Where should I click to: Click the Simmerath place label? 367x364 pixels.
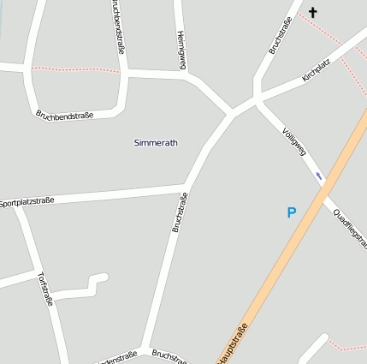tap(156, 142)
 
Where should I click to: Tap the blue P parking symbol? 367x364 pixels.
tap(291, 212)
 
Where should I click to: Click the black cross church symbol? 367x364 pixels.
tap(313, 12)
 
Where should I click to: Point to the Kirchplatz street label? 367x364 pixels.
tap(317, 71)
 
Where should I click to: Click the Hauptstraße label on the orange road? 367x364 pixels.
tap(233, 343)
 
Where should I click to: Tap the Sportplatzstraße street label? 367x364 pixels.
tap(27, 201)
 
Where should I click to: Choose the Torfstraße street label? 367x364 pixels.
tap(45, 289)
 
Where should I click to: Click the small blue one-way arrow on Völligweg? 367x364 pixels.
tap(319, 176)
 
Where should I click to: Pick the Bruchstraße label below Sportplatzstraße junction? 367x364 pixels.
tap(180, 212)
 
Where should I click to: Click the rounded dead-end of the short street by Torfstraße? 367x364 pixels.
tap(104, 277)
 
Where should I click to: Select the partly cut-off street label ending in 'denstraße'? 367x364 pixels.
tap(119, 357)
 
